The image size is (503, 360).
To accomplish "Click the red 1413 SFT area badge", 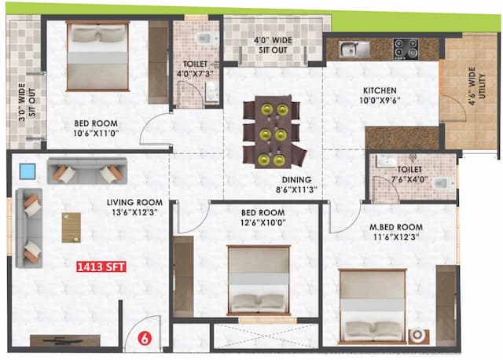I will coord(101,267).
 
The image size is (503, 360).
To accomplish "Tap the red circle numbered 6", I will coord(145,339).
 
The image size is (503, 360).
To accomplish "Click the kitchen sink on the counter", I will coord(354,50).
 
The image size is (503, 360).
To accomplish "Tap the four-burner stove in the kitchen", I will coord(406,49).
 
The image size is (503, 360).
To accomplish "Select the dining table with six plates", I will coord(271,131).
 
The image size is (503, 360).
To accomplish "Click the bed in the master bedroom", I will coord(373,307).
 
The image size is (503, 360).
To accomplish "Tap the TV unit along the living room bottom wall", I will coord(64,341).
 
